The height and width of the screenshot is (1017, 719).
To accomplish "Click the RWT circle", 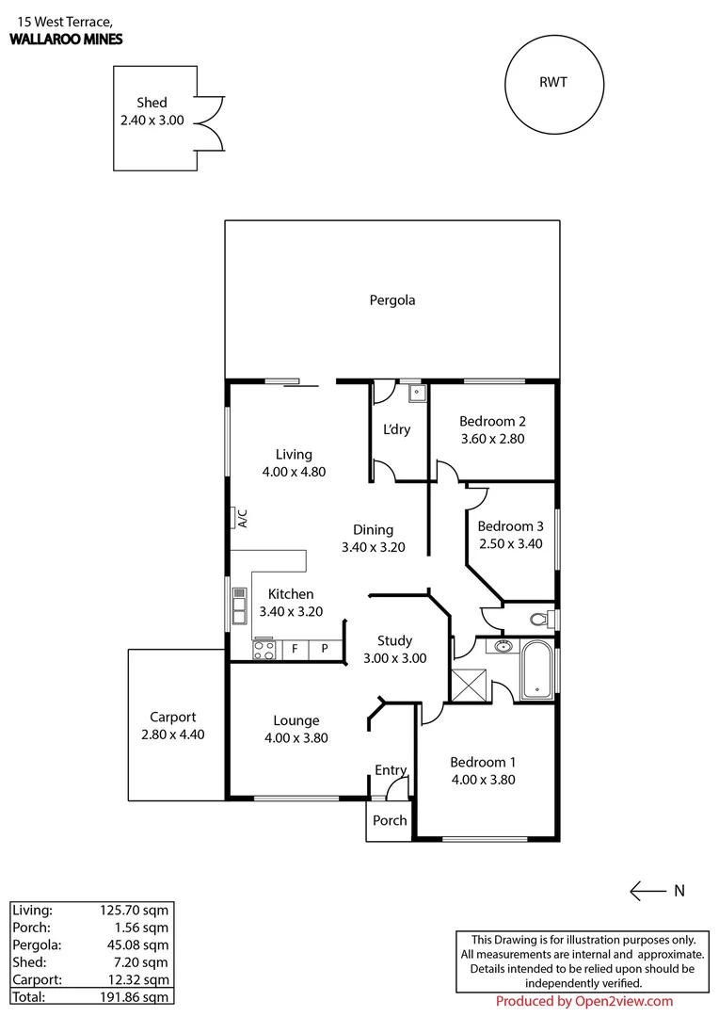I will pos(553,83).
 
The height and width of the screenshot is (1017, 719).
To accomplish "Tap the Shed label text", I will pos(152,103).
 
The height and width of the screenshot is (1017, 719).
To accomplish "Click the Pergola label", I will pos(391,300).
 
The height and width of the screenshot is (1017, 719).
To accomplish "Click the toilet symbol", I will pos(540,620).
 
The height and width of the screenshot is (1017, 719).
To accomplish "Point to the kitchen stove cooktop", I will pos(264,649).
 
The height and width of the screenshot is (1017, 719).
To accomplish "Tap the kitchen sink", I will pos(239,606).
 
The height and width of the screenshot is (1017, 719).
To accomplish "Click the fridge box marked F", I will pos(295,649).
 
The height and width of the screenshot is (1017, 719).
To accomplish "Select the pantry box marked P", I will pos(325,649).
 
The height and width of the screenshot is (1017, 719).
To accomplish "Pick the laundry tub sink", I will pos(415,393).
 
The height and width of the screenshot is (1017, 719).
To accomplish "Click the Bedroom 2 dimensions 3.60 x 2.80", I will pos(492,438).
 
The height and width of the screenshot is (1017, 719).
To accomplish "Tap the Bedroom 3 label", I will pos(510,525).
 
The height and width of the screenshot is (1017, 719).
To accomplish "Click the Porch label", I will pos(390,820).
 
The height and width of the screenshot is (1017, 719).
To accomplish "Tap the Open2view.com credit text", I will pos(583,1002).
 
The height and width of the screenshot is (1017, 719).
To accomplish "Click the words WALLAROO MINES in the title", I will pos(66,40).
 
